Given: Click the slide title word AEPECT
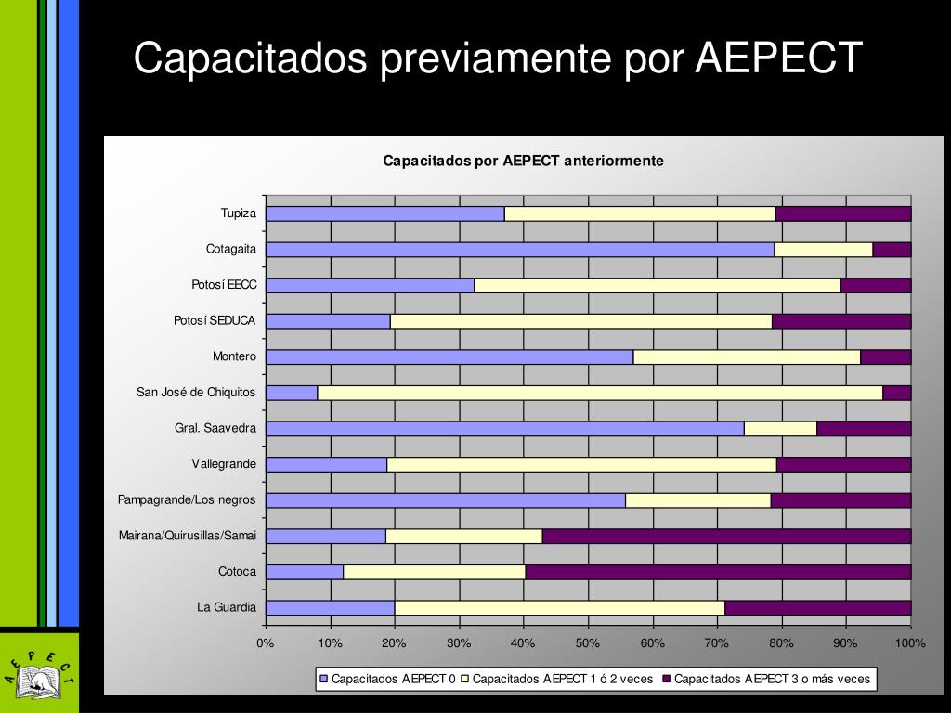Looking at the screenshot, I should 779,58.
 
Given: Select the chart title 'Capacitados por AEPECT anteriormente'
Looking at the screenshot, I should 523,161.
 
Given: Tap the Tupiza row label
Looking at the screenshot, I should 238,214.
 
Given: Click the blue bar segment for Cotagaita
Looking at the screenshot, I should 519,250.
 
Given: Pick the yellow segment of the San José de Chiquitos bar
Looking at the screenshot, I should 600,393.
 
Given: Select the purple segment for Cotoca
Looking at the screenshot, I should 718,572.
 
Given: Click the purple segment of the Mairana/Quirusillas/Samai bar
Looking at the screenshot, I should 726,536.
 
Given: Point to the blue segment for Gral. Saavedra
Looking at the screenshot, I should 504,429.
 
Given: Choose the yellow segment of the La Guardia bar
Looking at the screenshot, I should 559,608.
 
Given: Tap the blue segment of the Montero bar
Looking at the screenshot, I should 449,357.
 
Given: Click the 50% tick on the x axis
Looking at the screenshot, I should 588,643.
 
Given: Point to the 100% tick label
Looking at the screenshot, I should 910,643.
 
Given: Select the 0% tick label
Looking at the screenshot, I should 266,643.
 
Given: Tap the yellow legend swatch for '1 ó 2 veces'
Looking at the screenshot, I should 466,679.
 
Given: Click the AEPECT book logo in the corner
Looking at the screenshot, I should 39,673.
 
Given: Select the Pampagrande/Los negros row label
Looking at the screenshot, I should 187,500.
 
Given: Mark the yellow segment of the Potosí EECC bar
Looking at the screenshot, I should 657,286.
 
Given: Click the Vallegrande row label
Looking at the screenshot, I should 224,464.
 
